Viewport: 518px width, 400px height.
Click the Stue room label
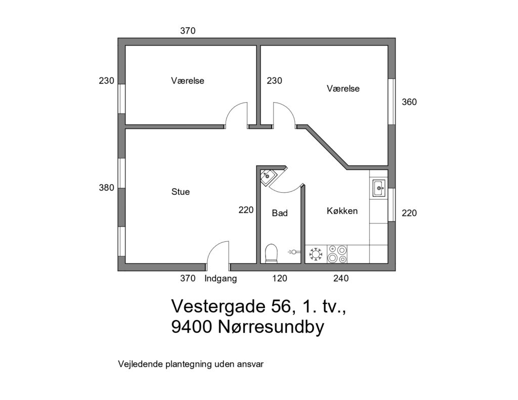181,192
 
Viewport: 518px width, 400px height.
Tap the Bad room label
279,213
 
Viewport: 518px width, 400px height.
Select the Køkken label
342,211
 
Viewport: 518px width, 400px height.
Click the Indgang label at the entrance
221,279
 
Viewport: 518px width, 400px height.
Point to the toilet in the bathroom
271,254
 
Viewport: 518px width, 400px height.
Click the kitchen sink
378,188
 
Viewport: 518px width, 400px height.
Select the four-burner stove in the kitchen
337,254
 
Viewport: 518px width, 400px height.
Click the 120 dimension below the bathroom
279,279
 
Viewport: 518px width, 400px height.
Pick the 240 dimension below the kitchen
340,279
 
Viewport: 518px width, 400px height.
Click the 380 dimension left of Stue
106,188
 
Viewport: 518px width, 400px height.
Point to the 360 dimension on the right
409,102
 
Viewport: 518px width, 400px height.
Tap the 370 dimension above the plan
188,31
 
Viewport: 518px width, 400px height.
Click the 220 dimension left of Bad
246,210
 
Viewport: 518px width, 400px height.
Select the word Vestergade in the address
219,307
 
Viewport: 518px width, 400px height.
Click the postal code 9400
191,327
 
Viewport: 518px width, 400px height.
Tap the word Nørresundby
271,328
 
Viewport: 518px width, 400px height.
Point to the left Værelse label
187,80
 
